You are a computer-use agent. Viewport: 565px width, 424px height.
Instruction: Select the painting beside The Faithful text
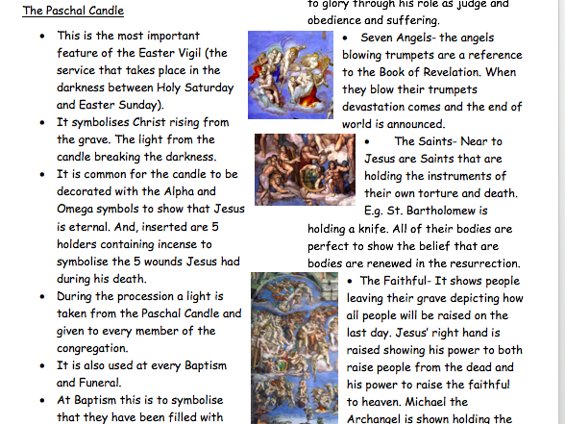294,348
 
